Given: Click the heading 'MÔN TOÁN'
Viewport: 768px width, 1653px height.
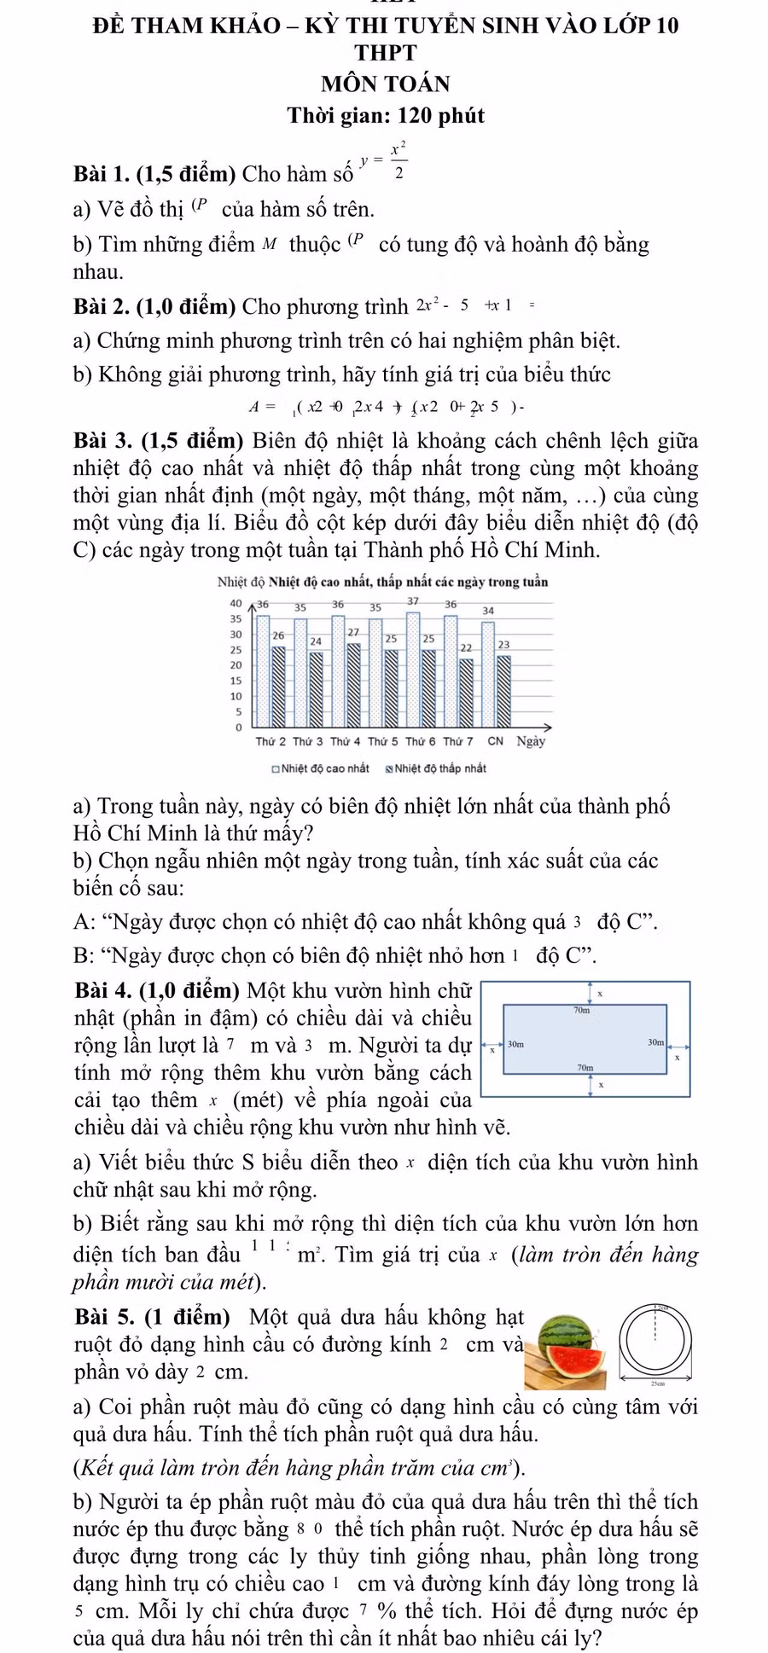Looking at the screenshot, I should coord(385,84).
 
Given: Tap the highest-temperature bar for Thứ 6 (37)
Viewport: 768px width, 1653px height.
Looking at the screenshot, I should coord(413,665).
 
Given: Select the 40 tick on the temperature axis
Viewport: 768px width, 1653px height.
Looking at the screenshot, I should coord(236,603).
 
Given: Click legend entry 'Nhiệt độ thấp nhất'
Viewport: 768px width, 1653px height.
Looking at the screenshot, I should coord(435,768).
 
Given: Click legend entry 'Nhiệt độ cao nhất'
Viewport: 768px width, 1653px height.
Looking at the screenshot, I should coord(321,768).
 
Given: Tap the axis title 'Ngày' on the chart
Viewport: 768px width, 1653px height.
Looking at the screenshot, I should coord(530,740).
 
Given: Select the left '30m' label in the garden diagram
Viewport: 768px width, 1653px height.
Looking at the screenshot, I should coord(515,1043).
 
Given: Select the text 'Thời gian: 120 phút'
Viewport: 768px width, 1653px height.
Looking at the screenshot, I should coord(385,115).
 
